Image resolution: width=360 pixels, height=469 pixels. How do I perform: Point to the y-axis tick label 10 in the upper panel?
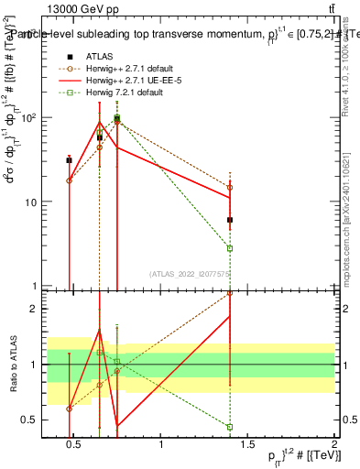29,202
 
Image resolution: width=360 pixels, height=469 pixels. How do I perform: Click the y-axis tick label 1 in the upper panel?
32,286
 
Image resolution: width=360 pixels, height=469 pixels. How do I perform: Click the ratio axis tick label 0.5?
27,420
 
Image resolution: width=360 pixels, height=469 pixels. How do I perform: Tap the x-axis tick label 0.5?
74,445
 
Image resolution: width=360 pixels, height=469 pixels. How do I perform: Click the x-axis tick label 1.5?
247,445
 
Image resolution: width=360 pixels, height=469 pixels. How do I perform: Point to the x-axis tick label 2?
333,445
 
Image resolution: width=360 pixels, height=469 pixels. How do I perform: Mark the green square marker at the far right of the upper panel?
230,248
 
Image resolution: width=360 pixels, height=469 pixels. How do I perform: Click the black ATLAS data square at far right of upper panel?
230,220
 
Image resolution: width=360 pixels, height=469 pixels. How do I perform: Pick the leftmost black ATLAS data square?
69,160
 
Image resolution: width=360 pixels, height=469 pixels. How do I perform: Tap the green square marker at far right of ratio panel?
230,427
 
